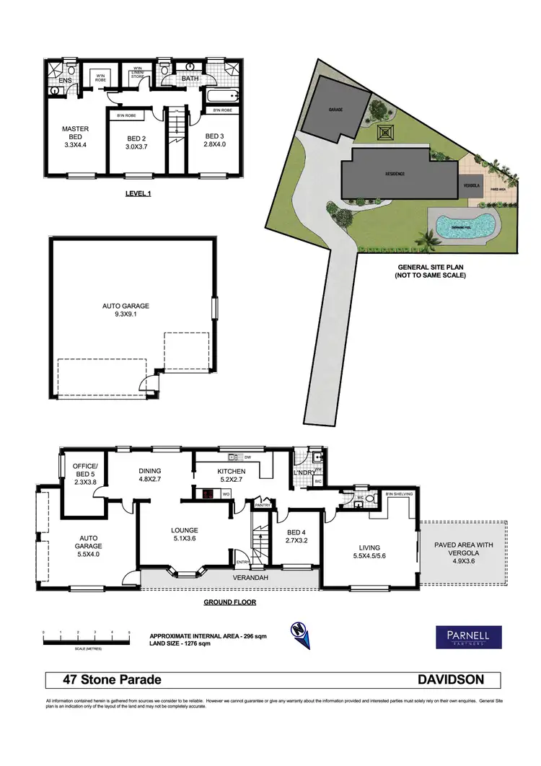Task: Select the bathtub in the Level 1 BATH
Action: point(214,96)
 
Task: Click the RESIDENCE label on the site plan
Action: point(394,174)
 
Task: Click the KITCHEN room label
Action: point(232,471)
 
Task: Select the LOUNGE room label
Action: point(184,532)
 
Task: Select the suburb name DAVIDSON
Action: point(451,679)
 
